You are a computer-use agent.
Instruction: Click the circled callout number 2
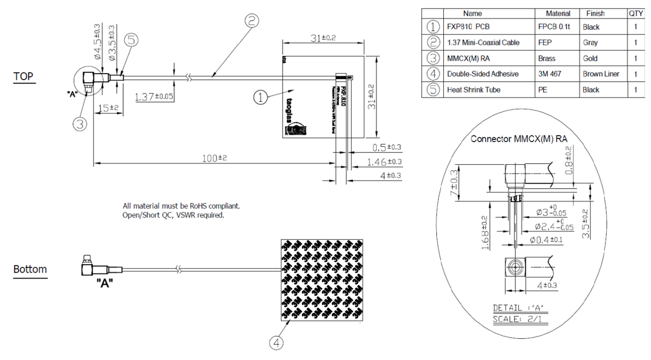click(251, 21)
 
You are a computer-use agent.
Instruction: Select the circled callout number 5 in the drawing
click(132, 41)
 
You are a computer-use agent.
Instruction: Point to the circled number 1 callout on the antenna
click(261, 98)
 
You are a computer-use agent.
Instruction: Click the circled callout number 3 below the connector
click(80, 124)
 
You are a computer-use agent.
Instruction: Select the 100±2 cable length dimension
click(215, 158)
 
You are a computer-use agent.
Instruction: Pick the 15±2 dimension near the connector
click(106, 108)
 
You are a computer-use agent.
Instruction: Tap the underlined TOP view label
click(24, 78)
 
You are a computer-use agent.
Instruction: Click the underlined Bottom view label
click(30, 269)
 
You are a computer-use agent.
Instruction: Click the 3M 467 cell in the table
click(551, 74)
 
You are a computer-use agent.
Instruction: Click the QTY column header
click(635, 13)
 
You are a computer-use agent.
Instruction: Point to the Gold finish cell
click(590, 58)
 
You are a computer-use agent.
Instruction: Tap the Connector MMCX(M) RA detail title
click(519, 139)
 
